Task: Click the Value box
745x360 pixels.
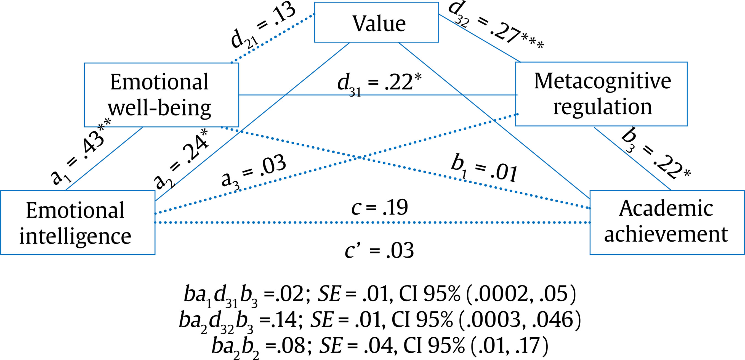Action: tap(376, 22)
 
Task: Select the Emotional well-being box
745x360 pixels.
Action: tap(161, 95)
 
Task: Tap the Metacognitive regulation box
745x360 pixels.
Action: tap(601, 94)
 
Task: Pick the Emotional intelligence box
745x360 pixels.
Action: tap(78, 222)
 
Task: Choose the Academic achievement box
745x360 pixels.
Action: tap(667, 222)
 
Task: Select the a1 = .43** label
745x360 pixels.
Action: tap(81, 152)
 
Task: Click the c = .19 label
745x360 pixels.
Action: tap(379, 207)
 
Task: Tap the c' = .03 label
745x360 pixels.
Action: tap(379, 250)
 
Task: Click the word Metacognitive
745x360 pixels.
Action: tap(602, 81)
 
